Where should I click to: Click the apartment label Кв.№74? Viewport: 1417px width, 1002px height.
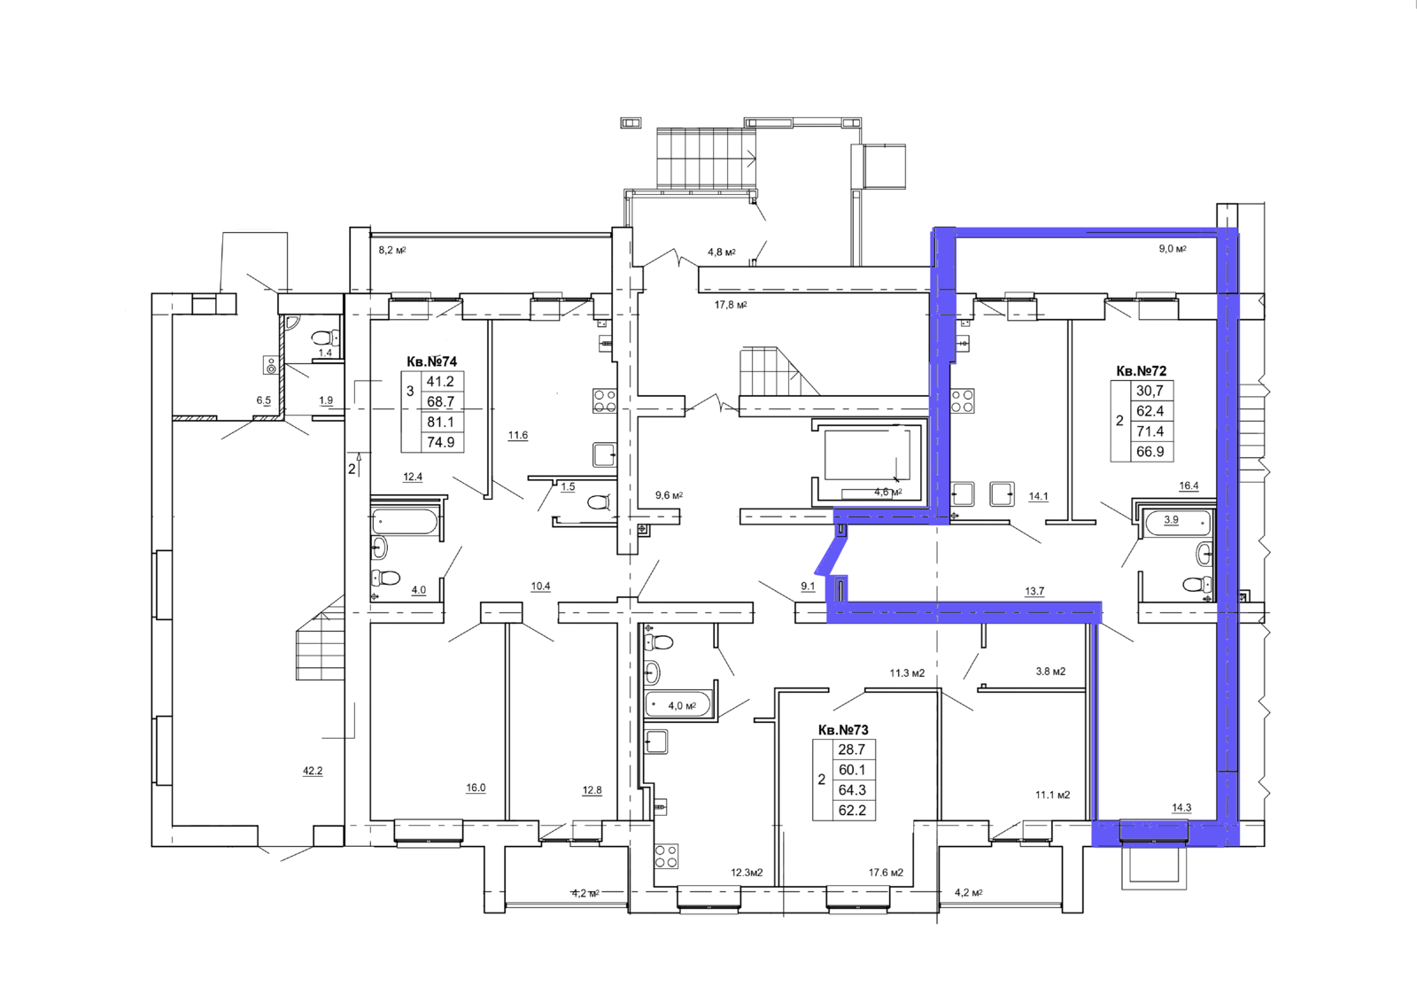(x=431, y=361)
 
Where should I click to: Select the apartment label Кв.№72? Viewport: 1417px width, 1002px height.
(x=1142, y=371)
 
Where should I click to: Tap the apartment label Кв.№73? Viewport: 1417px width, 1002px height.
(x=843, y=730)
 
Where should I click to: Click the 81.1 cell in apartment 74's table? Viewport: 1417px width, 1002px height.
(x=440, y=422)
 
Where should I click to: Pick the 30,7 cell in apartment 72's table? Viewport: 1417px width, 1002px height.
(x=1150, y=391)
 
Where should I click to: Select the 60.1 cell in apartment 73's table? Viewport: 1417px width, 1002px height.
(x=851, y=770)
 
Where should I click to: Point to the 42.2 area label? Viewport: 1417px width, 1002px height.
(x=313, y=771)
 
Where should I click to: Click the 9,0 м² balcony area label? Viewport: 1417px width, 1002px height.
(x=1173, y=249)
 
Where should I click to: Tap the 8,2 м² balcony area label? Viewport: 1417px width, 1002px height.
(x=392, y=250)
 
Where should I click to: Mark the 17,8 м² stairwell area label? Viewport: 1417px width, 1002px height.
(x=731, y=305)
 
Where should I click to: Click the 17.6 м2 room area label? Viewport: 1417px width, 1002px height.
(x=886, y=873)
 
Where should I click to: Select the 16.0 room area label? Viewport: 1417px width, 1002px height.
(x=476, y=788)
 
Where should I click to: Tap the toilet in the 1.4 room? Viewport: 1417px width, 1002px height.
(x=326, y=337)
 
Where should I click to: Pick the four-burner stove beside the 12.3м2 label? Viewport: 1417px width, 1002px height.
(x=667, y=856)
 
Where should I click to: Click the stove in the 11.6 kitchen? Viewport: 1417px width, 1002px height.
(x=604, y=400)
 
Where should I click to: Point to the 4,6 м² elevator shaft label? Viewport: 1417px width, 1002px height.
(x=887, y=492)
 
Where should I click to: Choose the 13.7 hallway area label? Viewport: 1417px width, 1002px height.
(x=1034, y=591)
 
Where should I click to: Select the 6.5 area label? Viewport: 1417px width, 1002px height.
(x=263, y=400)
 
